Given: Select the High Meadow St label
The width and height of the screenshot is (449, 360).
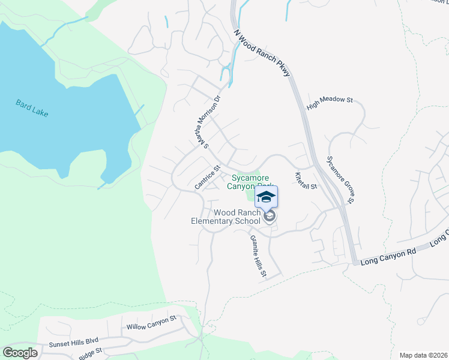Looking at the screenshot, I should (x=329, y=103).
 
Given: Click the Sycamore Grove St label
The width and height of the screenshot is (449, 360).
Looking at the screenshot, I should (x=340, y=179).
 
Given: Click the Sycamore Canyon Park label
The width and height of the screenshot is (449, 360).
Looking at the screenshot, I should (x=249, y=181).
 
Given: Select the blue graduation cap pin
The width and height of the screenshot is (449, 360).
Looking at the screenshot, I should (x=267, y=196).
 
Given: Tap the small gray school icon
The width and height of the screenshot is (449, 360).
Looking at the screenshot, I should (x=270, y=216).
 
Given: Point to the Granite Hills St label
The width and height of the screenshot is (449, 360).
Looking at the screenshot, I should (x=258, y=255).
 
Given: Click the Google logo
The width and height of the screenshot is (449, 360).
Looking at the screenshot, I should (x=20, y=352).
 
